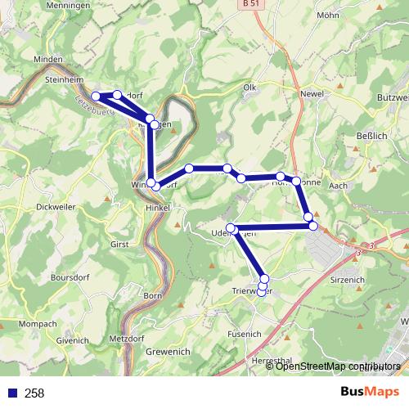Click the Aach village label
point(337,187)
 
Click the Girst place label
point(119,243)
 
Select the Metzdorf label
point(127,337)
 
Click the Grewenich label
point(169,352)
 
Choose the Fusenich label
point(244,333)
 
